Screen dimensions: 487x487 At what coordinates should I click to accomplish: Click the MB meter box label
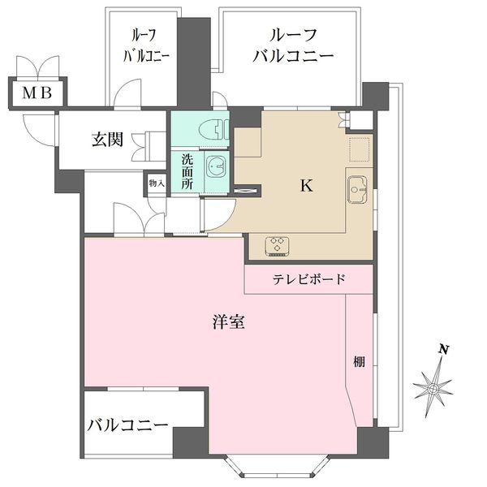click(37, 93)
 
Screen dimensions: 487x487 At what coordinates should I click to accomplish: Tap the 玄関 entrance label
click(107, 140)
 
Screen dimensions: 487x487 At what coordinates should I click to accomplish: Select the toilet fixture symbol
click(214, 130)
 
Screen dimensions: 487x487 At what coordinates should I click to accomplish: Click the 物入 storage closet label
click(156, 183)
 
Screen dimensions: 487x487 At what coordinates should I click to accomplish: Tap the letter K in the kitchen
click(306, 186)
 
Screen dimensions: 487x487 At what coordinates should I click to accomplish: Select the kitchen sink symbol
click(357, 189)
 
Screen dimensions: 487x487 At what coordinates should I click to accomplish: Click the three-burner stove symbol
click(278, 246)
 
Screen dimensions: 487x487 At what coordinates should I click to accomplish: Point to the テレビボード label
click(309, 279)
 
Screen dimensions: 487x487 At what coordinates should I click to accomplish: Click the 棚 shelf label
click(359, 361)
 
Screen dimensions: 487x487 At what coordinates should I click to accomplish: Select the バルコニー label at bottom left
click(127, 425)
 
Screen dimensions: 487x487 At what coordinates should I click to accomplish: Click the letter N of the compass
click(443, 350)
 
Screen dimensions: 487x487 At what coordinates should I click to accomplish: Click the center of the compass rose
click(433, 388)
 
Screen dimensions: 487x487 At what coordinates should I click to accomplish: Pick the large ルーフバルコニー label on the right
click(293, 45)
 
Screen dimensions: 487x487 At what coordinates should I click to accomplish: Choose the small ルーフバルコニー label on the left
click(146, 45)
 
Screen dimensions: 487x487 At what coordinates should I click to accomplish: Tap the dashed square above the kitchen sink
click(360, 150)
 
